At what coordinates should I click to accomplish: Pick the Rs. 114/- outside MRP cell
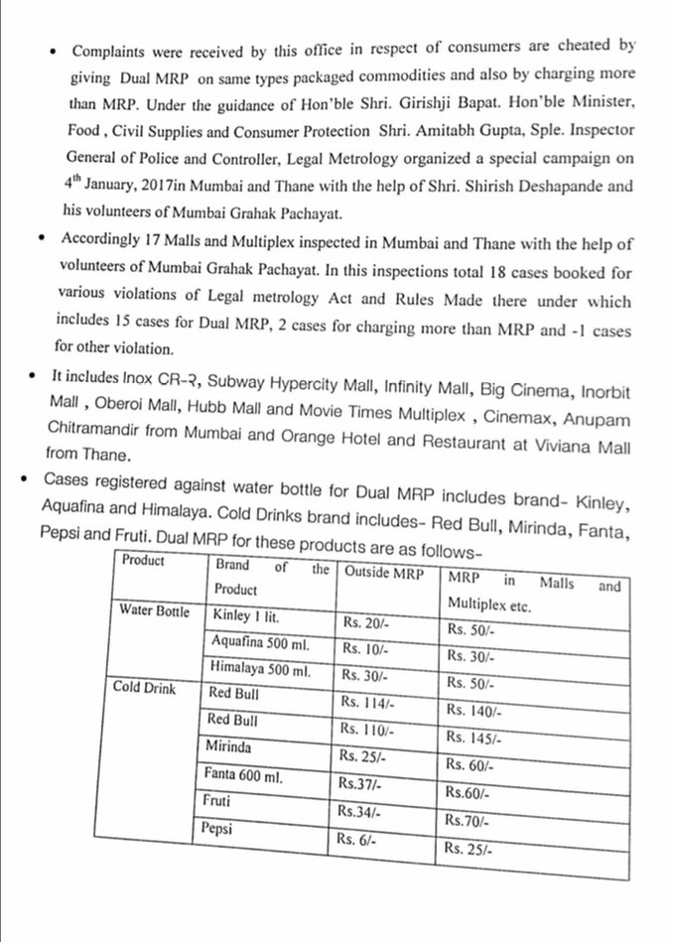pyautogui.click(x=366, y=701)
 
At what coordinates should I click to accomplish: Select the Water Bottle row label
pyautogui.click(x=154, y=610)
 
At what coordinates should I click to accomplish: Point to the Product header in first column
pyautogui.click(x=144, y=560)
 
